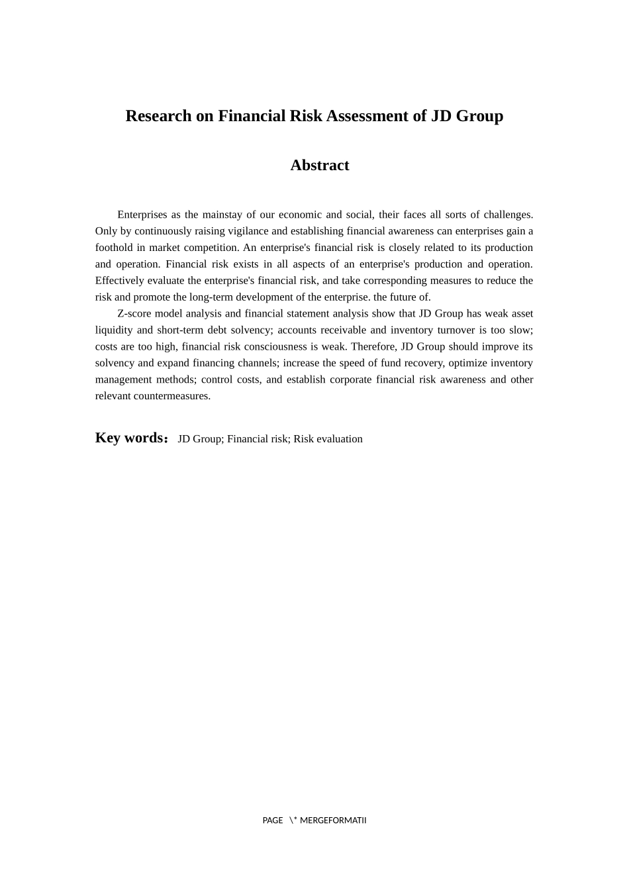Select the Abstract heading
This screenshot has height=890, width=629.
click(x=319, y=166)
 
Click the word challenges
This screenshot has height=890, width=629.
click(x=508, y=215)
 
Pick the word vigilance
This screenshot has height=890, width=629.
click(x=248, y=231)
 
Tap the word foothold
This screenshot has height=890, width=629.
click(x=113, y=248)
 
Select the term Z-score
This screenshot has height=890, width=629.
click(x=134, y=314)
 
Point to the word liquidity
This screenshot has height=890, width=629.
click(x=114, y=330)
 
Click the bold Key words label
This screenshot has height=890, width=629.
click(x=131, y=438)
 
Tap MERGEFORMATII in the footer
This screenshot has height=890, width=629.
click(x=333, y=820)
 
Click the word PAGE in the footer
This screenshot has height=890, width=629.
click(x=272, y=820)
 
